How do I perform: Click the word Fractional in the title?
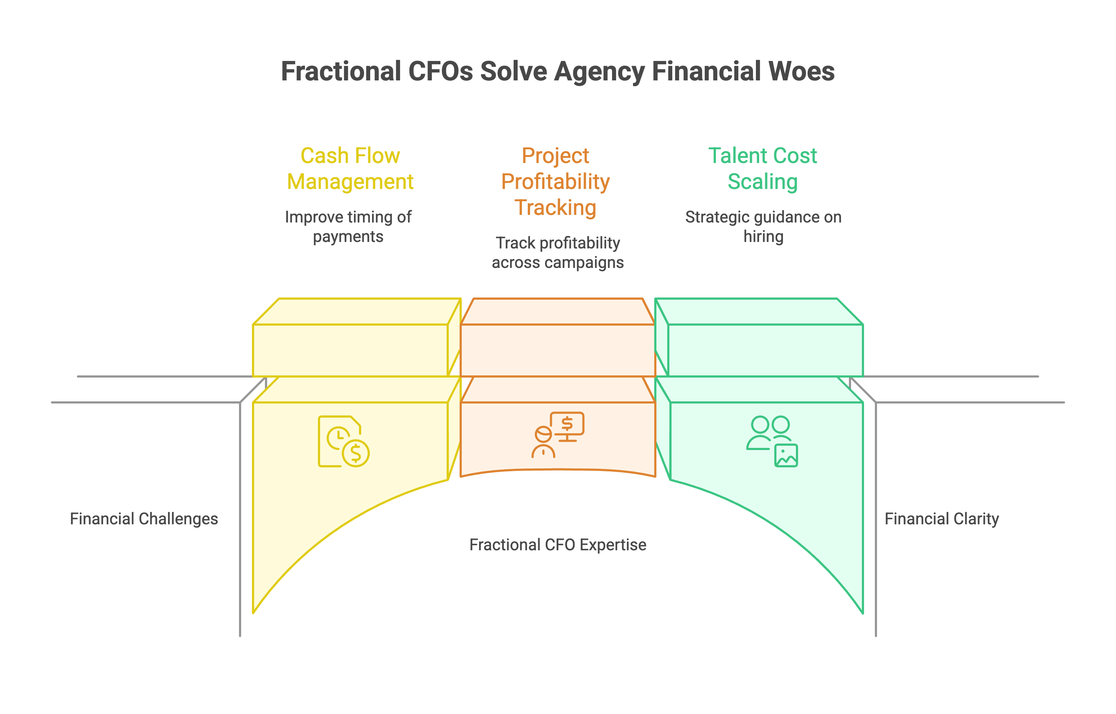point(341,71)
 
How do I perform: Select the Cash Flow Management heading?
point(350,168)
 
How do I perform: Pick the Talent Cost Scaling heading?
point(762,168)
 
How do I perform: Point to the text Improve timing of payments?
point(348,227)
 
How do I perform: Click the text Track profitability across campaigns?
point(558,253)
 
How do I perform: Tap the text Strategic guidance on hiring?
point(763,227)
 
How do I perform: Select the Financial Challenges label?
point(144,519)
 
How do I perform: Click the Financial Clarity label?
point(942,519)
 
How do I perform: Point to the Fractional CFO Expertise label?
point(558,545)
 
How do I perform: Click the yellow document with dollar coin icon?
point(344,441)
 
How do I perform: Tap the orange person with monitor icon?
point(558,435)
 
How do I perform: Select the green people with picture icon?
point(772,441)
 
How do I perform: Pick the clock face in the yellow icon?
point(339,437)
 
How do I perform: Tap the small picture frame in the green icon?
point(786,455)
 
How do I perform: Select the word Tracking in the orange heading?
point(555,207)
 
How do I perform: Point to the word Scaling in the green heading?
point(762,181)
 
